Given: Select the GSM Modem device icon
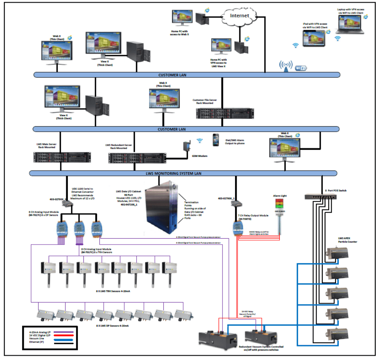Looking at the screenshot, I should tap(186, 149).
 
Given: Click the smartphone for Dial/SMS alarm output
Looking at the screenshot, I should tap(215, 140).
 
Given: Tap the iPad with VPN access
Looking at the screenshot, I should tap(315, 38).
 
